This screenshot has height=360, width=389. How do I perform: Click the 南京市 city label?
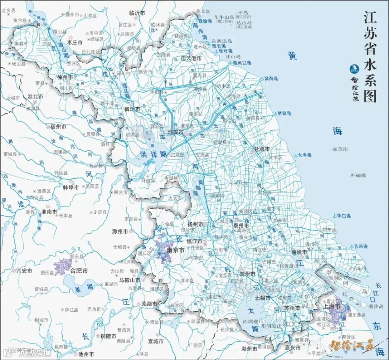click(175, 251)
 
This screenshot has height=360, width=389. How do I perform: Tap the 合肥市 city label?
click(79, 271)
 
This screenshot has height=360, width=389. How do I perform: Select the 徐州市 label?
click(65, 77)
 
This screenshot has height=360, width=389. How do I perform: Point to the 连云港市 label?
click(191, 58)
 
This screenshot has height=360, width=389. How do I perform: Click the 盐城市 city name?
click(262, 149)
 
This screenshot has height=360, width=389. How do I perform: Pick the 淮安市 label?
click(175, 132)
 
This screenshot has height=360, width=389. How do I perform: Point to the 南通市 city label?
click(299, 252)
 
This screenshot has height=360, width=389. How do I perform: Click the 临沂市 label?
click(137, 13)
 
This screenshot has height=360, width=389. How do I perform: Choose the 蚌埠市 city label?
click(71, 187)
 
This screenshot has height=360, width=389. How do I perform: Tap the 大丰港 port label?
click(305, 155)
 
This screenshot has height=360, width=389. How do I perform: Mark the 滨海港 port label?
click(271, 79)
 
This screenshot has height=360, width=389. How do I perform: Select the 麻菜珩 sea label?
click(340, 149)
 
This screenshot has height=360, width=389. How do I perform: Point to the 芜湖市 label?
click(149, 304)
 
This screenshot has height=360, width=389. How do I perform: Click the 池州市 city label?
click(86, 354)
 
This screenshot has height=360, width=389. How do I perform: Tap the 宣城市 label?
click(156, 341)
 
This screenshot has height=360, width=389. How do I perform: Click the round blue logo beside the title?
click(354, 69)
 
